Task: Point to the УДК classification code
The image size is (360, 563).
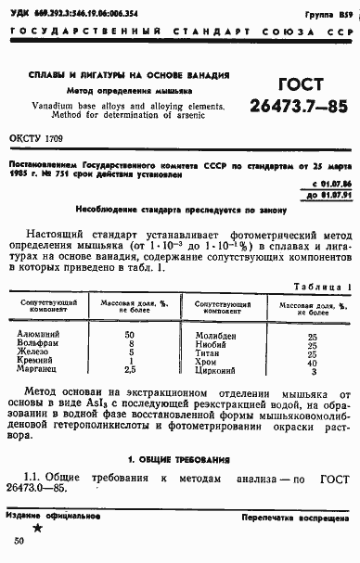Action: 72,16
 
